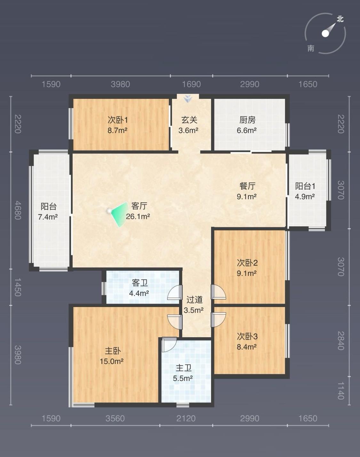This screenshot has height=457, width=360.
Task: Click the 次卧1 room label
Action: tap(118, 120)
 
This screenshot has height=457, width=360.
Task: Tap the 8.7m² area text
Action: tap(117, 130)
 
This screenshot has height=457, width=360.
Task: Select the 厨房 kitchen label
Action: tap(247, 120)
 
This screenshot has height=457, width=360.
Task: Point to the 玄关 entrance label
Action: tap(189, 120)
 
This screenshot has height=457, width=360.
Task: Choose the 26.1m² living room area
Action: tap(138, 216)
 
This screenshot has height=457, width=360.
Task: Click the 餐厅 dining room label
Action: tap(247, 186)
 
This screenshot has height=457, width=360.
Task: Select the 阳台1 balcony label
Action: tap(305, 186)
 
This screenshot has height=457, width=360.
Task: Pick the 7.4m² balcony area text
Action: tap(48, 217)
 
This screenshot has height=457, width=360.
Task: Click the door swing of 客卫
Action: tap(175, 292)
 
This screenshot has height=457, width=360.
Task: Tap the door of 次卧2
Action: tap(218, 292)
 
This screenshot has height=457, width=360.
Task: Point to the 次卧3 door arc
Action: tap(218, 320)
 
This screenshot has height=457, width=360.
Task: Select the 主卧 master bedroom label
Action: tap(113, 351)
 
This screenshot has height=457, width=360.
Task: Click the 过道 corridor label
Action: tap(195, 300)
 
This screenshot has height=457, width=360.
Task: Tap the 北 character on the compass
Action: tap(340, 19)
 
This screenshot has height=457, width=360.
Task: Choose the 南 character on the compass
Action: tap(311, 48)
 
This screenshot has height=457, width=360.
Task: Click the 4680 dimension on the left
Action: tap(18, 210)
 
